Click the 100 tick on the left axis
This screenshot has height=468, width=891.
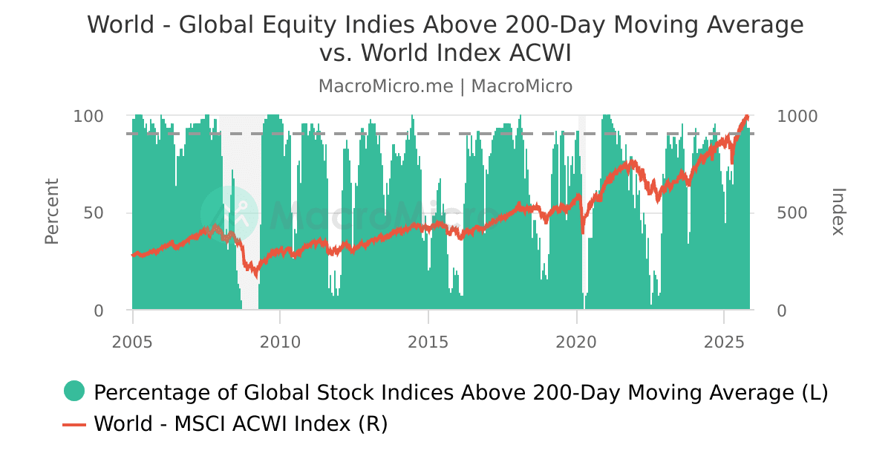[88, 117]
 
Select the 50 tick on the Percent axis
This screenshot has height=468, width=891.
[94, 213]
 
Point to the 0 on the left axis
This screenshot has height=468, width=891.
[99, 311]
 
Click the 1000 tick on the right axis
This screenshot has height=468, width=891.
[797, 117]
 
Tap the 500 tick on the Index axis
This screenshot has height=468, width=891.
[792, 213]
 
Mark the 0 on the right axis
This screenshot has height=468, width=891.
[781, 311]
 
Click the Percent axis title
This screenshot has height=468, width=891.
[51, 212]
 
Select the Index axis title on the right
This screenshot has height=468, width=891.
[838, 212]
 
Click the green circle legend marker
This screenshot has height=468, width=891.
[74, 391]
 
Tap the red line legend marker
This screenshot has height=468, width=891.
[74, 424]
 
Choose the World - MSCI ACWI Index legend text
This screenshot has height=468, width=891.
[241, 424]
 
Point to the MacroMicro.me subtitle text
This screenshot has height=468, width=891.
[385, 86]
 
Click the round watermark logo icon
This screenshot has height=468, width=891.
[229, 213]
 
